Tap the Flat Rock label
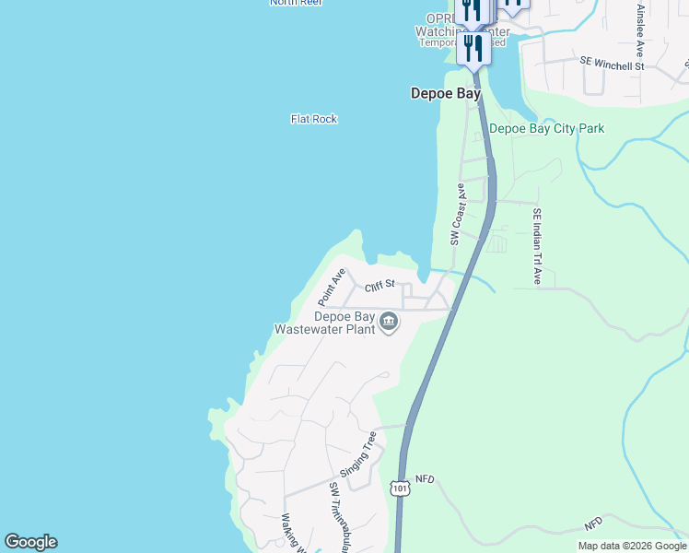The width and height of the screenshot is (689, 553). click(314, 119)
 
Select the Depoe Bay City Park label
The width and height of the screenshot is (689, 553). click(547, 129)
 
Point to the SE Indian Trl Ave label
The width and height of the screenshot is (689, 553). click(536, 246)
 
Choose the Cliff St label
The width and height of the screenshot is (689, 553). click(379, 287)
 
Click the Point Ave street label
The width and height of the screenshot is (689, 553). click(331, 288)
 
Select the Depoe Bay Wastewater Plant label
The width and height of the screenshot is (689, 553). click(325, 322)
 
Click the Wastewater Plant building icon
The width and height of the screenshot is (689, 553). click(388, 322)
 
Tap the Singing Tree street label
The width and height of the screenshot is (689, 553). click(359, 453)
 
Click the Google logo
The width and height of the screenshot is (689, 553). click(30, 542)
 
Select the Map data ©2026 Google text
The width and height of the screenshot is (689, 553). click(631, 546)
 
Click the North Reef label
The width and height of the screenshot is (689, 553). click(295, 3)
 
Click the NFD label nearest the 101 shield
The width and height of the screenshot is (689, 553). click(424, 479)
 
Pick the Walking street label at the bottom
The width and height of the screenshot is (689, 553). click(293, 533)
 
